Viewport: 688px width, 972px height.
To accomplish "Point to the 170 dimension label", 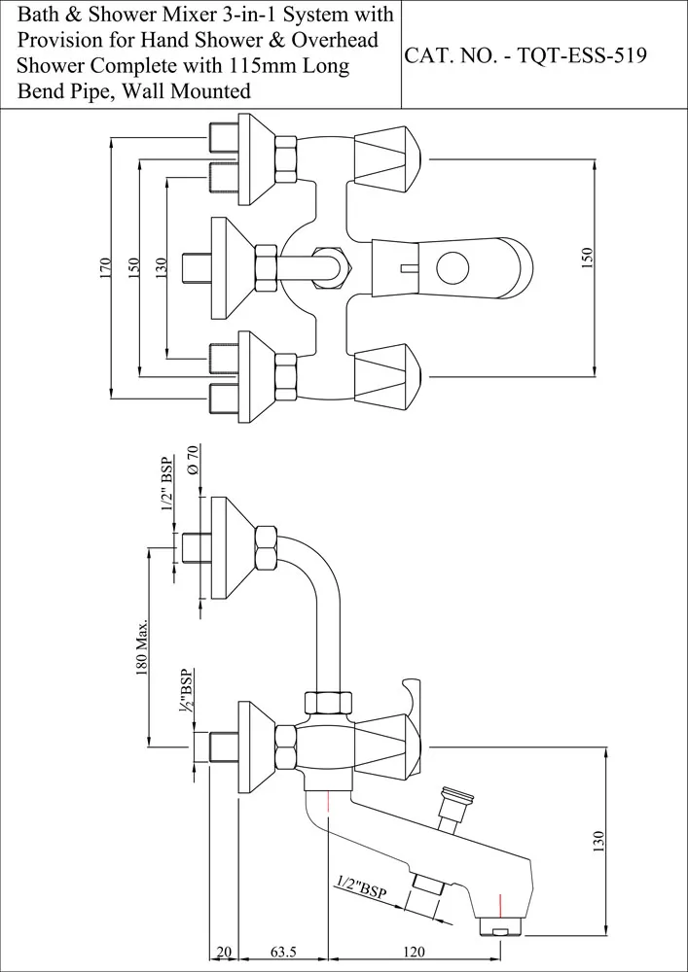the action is click(106, 267).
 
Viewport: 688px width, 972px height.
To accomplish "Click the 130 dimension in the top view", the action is click(162, 267).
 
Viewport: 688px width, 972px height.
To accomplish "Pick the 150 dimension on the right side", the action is click(587, 259).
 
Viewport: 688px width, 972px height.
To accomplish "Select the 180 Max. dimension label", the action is click(142, 646).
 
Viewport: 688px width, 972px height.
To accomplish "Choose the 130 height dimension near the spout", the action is click(598, 843).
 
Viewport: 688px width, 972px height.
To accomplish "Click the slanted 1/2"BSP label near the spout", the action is click(362, 887).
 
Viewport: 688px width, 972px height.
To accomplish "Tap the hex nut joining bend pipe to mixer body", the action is click(329, 704).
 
